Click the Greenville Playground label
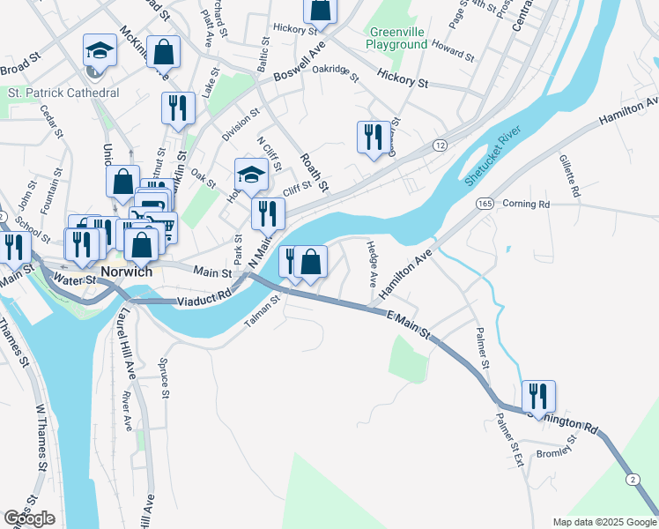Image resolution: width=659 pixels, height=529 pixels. click(396, 38)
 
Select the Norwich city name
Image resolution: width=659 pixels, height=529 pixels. click(128, 272)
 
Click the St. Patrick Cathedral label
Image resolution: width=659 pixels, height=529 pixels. click(63, 93)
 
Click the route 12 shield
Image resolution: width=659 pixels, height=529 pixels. click(441, 145)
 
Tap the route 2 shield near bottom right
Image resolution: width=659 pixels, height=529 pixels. click(633, 477)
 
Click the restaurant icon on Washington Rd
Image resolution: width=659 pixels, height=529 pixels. click(537, 397)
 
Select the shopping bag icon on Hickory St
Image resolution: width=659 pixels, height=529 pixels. click(320, 10)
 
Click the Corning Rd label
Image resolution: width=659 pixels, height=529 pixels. click(525, 204)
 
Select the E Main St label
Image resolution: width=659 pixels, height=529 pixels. click(409, 324)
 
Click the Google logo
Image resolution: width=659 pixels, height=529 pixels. click(29, 518)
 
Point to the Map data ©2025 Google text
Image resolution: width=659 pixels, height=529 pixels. click(603, 522)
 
